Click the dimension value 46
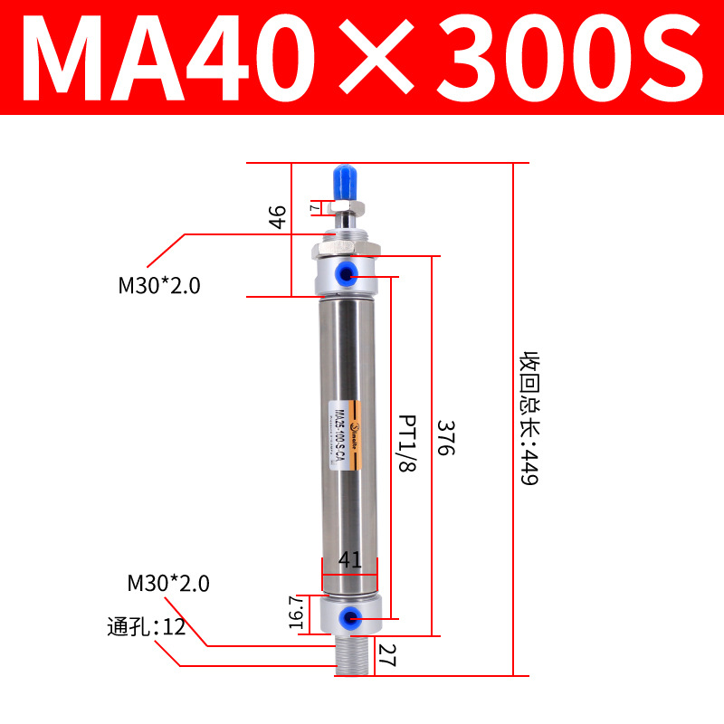[x=278, y=217]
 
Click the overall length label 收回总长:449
[x=528, y=418]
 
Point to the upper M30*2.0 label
[x=159, y=286]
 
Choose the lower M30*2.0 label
[x=168, y=584]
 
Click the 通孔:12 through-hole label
[x=146, y=625]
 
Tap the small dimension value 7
[x=314, y=207]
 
